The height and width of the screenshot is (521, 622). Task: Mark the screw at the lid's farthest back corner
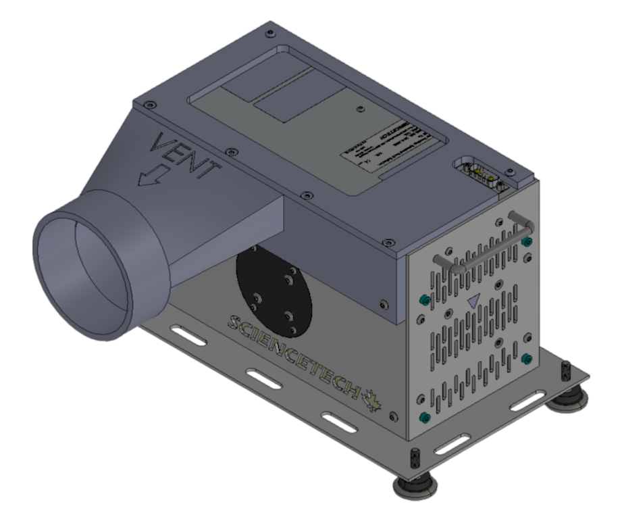tap(271, 32)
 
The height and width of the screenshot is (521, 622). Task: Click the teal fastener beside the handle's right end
tap(528, 242)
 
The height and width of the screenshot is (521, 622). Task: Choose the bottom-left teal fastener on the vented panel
tap(424, 415)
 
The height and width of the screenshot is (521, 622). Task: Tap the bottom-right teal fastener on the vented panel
tap(526, 357)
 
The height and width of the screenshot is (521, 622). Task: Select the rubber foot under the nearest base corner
tap(414, 485)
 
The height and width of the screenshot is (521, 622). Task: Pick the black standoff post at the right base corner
tap(566, 373)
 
